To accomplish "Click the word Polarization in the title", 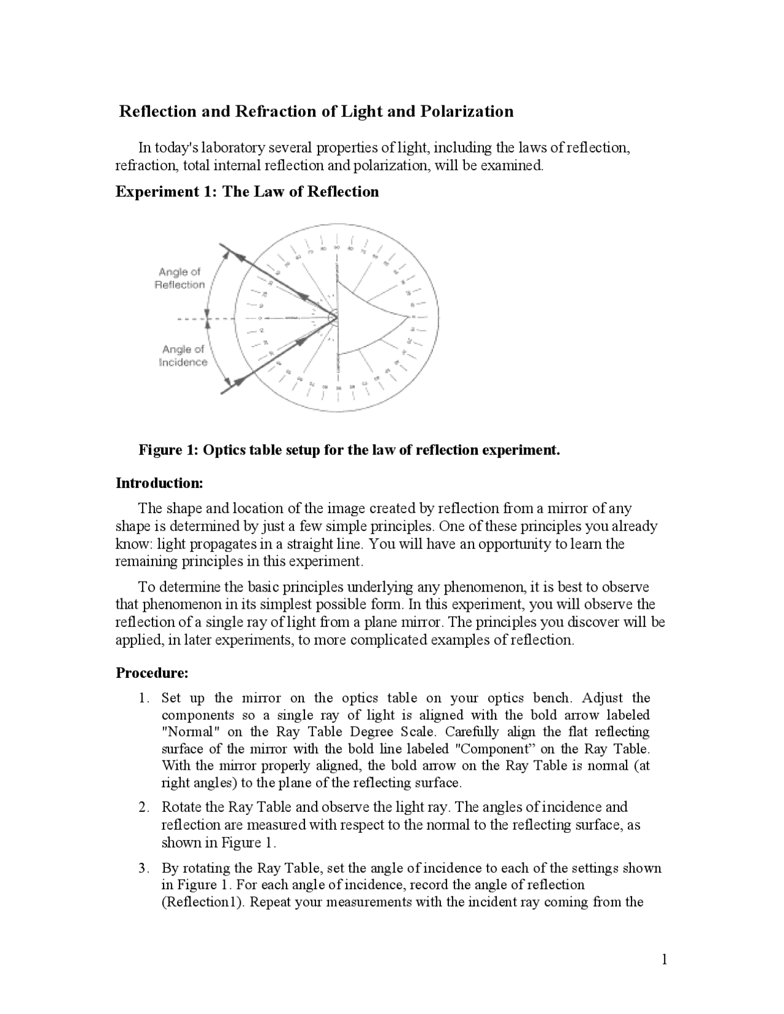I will pos(466,111).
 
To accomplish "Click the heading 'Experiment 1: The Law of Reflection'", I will pos(247,192).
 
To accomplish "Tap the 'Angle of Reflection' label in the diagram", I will pos(180,278).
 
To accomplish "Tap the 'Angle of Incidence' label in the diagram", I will pos(183,356).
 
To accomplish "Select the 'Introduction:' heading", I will pos(159,483).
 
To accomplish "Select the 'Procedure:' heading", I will pos(152,673).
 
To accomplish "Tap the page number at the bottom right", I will pos(664,960).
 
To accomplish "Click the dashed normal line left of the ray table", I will pos(196,318).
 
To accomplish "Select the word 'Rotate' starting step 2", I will pos(181,807).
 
